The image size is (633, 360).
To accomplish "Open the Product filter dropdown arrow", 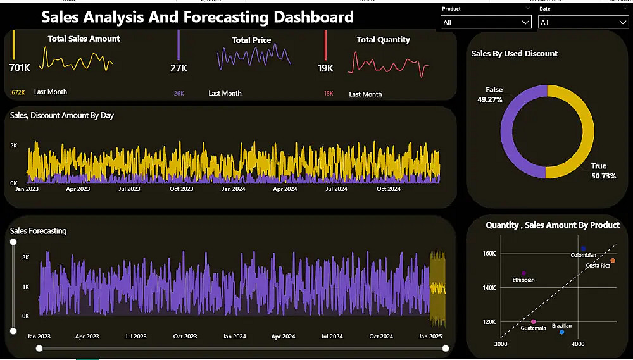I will pos(525,22).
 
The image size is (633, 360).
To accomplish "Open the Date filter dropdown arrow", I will pos(622,22).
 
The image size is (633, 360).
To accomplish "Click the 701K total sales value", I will pos(20,68).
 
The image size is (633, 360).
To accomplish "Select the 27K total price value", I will pos(179,68).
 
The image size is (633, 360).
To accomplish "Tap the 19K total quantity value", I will pos(326,68).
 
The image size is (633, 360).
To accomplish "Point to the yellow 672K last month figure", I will pos(18,92).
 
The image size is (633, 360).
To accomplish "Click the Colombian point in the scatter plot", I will pos(583,249).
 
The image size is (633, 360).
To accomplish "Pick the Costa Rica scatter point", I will pos(613,261).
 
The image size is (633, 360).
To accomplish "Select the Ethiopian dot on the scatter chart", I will pos(523,273).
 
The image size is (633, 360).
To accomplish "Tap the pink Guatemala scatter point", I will pos(534,322).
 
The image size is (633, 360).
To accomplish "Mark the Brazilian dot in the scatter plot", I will pos(561,332).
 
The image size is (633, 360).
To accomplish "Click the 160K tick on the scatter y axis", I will pos(489,254).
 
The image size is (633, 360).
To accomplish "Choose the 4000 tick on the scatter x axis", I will pos(578,344).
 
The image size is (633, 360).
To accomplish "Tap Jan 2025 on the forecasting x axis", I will pos(430,337).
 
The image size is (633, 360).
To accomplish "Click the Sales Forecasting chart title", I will pos(39,231).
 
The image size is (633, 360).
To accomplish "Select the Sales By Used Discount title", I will pos(515,54).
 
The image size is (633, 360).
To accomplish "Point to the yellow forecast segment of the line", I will pos(437,288).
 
